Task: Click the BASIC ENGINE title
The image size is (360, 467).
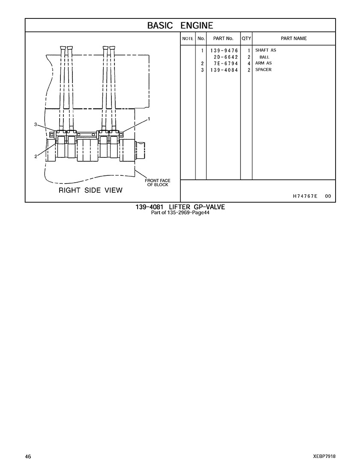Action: coord(180,26)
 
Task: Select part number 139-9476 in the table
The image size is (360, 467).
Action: coord(224,51)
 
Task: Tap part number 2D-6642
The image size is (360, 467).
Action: coord(226,57)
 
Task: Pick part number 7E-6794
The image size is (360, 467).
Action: coord(226,63)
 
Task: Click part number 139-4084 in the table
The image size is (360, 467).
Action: coord(224,70)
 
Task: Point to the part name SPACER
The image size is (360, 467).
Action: coord(263,70)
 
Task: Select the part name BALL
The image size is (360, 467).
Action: coord(264,57)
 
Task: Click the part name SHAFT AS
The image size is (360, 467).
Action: coord(266,50)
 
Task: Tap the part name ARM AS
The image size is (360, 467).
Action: coord(263,63)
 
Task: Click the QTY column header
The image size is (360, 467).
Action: coord(246,39)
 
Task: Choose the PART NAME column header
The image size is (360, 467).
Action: coord(294,39)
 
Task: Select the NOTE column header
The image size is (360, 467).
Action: coord(188,39)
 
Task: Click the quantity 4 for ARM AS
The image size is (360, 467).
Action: coord(249,63)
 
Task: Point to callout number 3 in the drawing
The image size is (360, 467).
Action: coord(36,124)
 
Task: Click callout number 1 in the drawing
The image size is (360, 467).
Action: coord(149,119)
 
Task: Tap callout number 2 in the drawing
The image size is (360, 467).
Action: coord(36,157)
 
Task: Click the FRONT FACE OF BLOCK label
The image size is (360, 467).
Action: coord(158,183)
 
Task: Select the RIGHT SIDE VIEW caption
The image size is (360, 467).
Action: coord(90,190)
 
